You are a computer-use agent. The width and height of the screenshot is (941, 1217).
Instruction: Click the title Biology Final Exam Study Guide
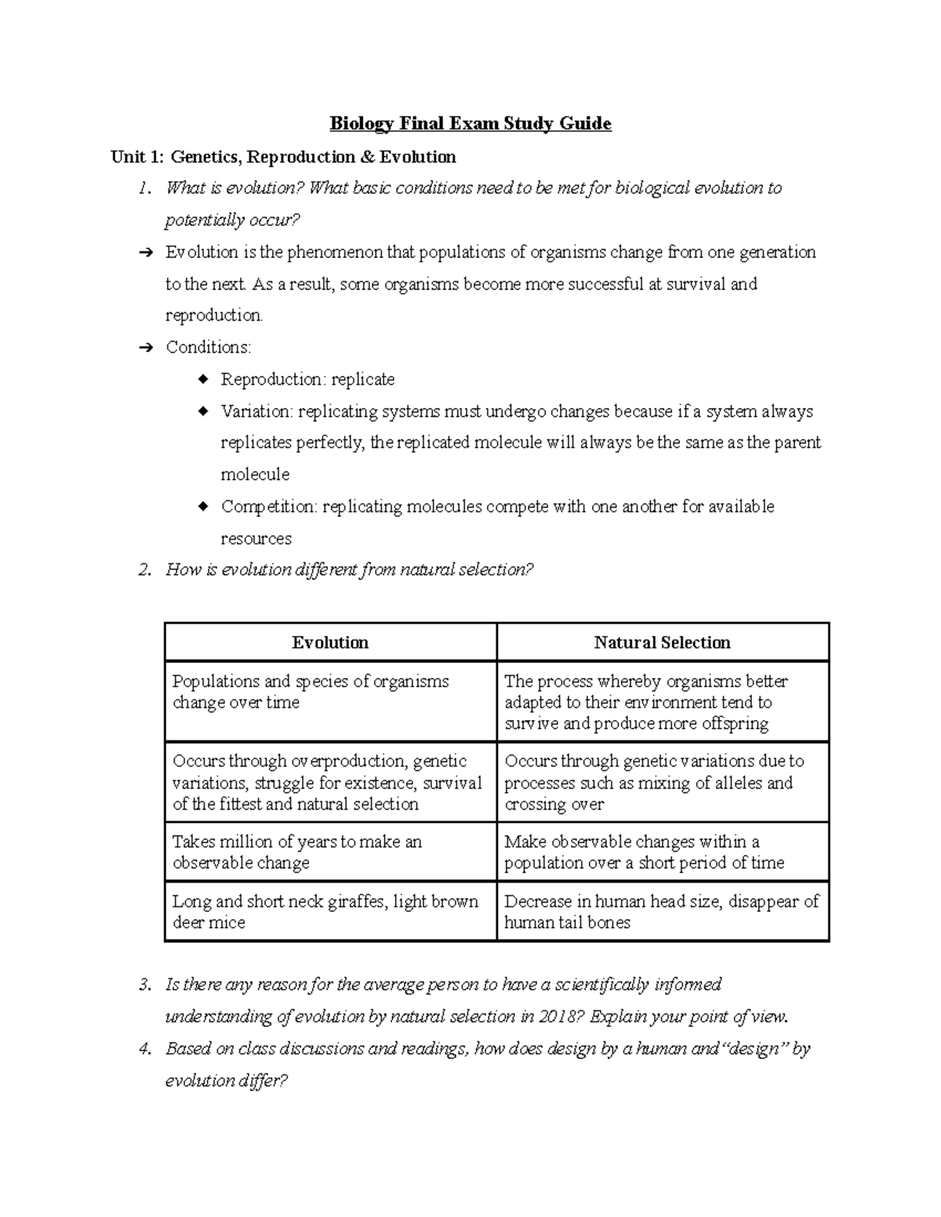[470, 124]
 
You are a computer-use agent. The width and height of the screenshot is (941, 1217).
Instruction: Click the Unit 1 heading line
[283, 158]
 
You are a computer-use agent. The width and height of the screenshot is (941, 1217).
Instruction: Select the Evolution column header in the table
[330, 643]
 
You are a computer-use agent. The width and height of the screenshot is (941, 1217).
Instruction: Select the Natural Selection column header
[662, 643]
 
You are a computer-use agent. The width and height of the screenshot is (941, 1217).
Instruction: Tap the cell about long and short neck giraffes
[330, 911]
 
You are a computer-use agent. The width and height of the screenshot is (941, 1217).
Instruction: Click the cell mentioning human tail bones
[662, 911]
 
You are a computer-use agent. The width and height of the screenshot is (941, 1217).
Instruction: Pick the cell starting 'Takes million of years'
[330, 852]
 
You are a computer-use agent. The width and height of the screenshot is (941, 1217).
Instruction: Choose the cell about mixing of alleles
[662, 782]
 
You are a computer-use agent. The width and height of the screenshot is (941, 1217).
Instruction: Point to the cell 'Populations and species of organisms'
[330, 692]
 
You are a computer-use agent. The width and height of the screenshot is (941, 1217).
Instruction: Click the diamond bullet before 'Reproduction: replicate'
[203, 379]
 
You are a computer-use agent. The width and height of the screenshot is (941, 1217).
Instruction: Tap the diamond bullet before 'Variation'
[203, 411]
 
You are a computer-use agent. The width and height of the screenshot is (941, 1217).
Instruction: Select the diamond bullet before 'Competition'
[203, 507]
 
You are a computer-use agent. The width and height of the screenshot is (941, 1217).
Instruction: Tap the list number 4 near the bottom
[144, 1049]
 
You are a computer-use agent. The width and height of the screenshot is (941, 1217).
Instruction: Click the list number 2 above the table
[144, 570]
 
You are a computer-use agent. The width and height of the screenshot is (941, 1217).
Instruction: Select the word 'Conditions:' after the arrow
[208, 348]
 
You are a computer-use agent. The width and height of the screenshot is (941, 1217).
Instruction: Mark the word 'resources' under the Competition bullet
[256, 539]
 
